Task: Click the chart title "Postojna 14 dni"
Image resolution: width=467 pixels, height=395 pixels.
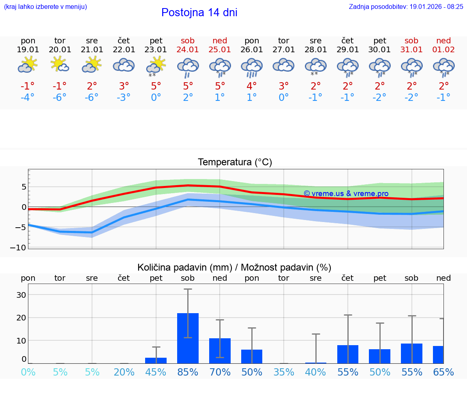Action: (199, 13)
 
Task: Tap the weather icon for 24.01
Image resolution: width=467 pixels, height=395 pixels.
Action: (188, 67)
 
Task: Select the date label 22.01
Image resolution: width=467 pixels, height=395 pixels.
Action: (124, 50)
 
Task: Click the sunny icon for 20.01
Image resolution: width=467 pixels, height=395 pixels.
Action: (60, 64)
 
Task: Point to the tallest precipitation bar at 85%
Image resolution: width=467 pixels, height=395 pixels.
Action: (188, 338)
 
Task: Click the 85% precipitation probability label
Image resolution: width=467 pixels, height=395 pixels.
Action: (188, 372)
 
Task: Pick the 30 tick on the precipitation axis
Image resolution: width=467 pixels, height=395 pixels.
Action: (21, 295)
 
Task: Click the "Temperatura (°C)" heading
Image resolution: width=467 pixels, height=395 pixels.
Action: (235, 162)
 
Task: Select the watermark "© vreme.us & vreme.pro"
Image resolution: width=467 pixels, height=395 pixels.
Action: (346, 194)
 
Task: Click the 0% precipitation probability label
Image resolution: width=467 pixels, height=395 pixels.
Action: (28, 372)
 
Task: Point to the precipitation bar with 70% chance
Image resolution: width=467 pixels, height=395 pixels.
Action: (220, 350)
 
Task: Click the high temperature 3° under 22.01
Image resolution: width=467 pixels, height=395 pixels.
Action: (124, 86)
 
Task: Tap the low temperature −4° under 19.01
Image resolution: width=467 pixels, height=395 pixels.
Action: (28, 98)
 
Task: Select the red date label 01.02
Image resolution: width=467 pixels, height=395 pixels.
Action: (443, 50)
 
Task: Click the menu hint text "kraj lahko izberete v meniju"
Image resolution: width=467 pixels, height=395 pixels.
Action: (45, 6)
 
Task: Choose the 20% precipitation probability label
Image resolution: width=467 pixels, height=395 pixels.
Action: (124, 372)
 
